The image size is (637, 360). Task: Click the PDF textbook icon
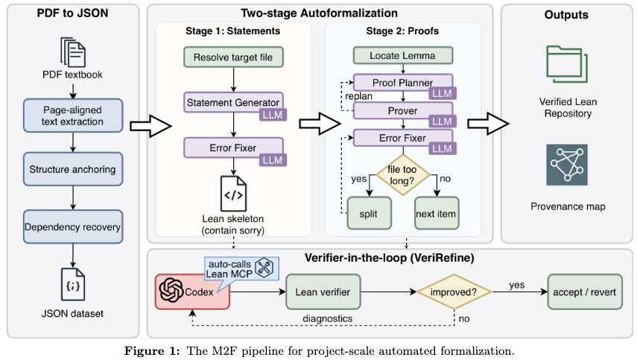[72, 51]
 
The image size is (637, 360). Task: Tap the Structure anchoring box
[72, 169]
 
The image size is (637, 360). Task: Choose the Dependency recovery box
[72, 225]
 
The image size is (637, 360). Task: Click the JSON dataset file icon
[72, 285]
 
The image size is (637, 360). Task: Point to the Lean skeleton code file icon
[232, 193]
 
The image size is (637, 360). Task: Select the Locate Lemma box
[402, 56]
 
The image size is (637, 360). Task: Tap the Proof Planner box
[402, 82]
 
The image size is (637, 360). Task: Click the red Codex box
[191, 291]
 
